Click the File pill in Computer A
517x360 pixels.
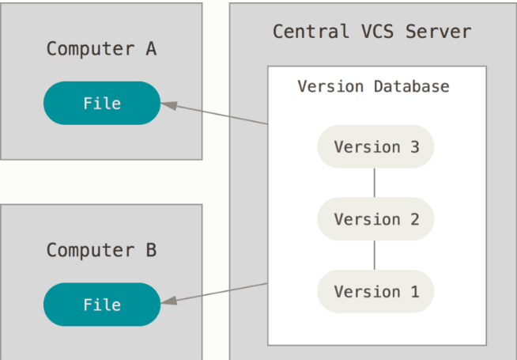click(x=102, y=103)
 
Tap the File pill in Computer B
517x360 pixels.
click(x=102, y=305)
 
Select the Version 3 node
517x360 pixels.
click(x=375, y=146)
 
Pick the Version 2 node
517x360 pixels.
click(x=375, y=219)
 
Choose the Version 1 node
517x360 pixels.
click(x=375, y=291)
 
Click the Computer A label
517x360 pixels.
click(x=101, y=49)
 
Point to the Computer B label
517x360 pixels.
click(x=101, y=250)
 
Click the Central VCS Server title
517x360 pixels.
click(x=372, y=32)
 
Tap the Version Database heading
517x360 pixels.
click(x=374, y=86)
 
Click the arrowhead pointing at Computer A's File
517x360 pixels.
click(x=168, y=105)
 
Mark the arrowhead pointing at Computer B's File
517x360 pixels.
click(x=168, y=301)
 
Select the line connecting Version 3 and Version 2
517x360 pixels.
click(x=374, y=183)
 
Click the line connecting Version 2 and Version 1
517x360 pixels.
click(x=374, y=255)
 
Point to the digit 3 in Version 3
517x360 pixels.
click(x=415, y=147)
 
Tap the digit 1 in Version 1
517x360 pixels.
click(x=415, y=292)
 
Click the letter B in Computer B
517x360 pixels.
click(x=151, y=250)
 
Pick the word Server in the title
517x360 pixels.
click(x=439, y=32)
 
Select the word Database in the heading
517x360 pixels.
click(x=412, y=86)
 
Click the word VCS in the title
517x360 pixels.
click(x=378, y=32)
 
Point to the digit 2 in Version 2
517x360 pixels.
click(x=415, y=219)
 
